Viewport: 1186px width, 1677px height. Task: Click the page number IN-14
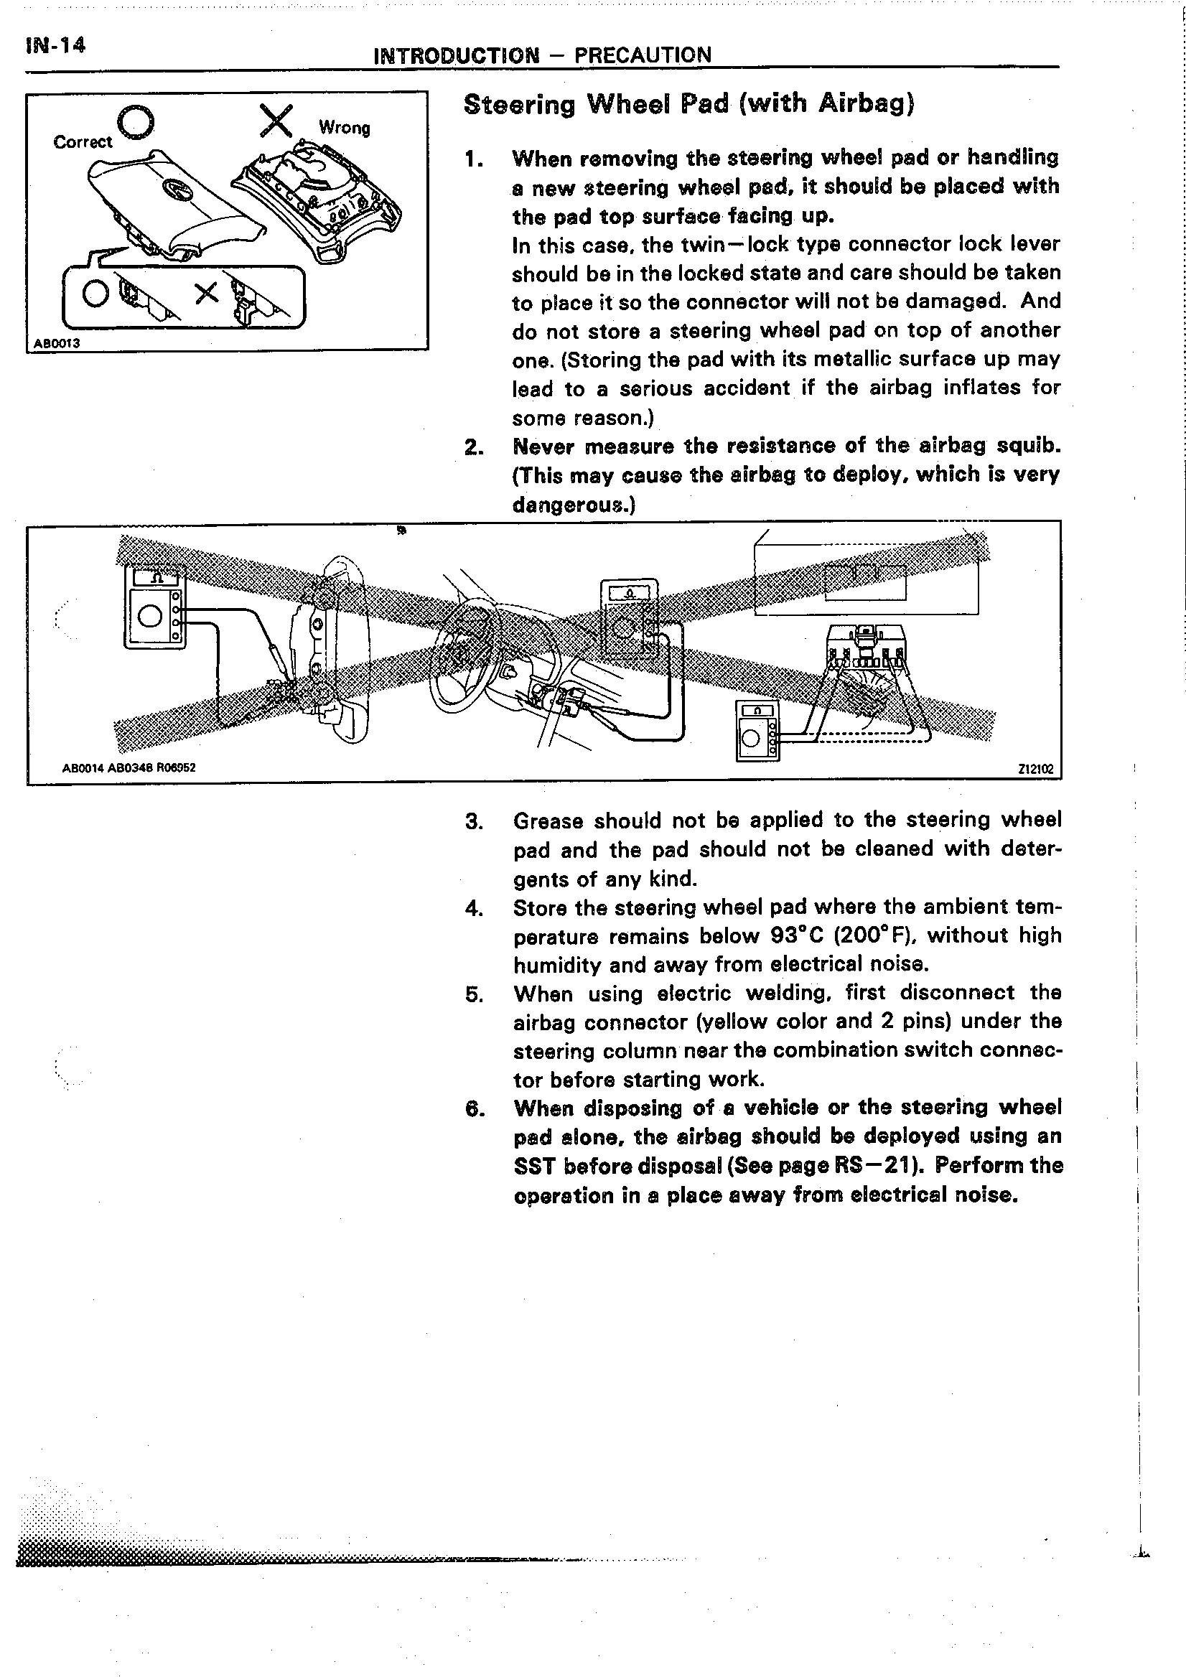coord(55,45)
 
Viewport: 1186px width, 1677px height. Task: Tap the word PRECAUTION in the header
coord(643,55)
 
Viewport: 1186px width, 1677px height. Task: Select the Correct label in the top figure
coord(83,141)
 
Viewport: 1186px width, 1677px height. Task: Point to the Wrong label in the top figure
coord(344,128)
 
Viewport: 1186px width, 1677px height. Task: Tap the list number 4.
coord(473,908)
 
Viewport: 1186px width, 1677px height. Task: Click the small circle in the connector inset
coord(95,294)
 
